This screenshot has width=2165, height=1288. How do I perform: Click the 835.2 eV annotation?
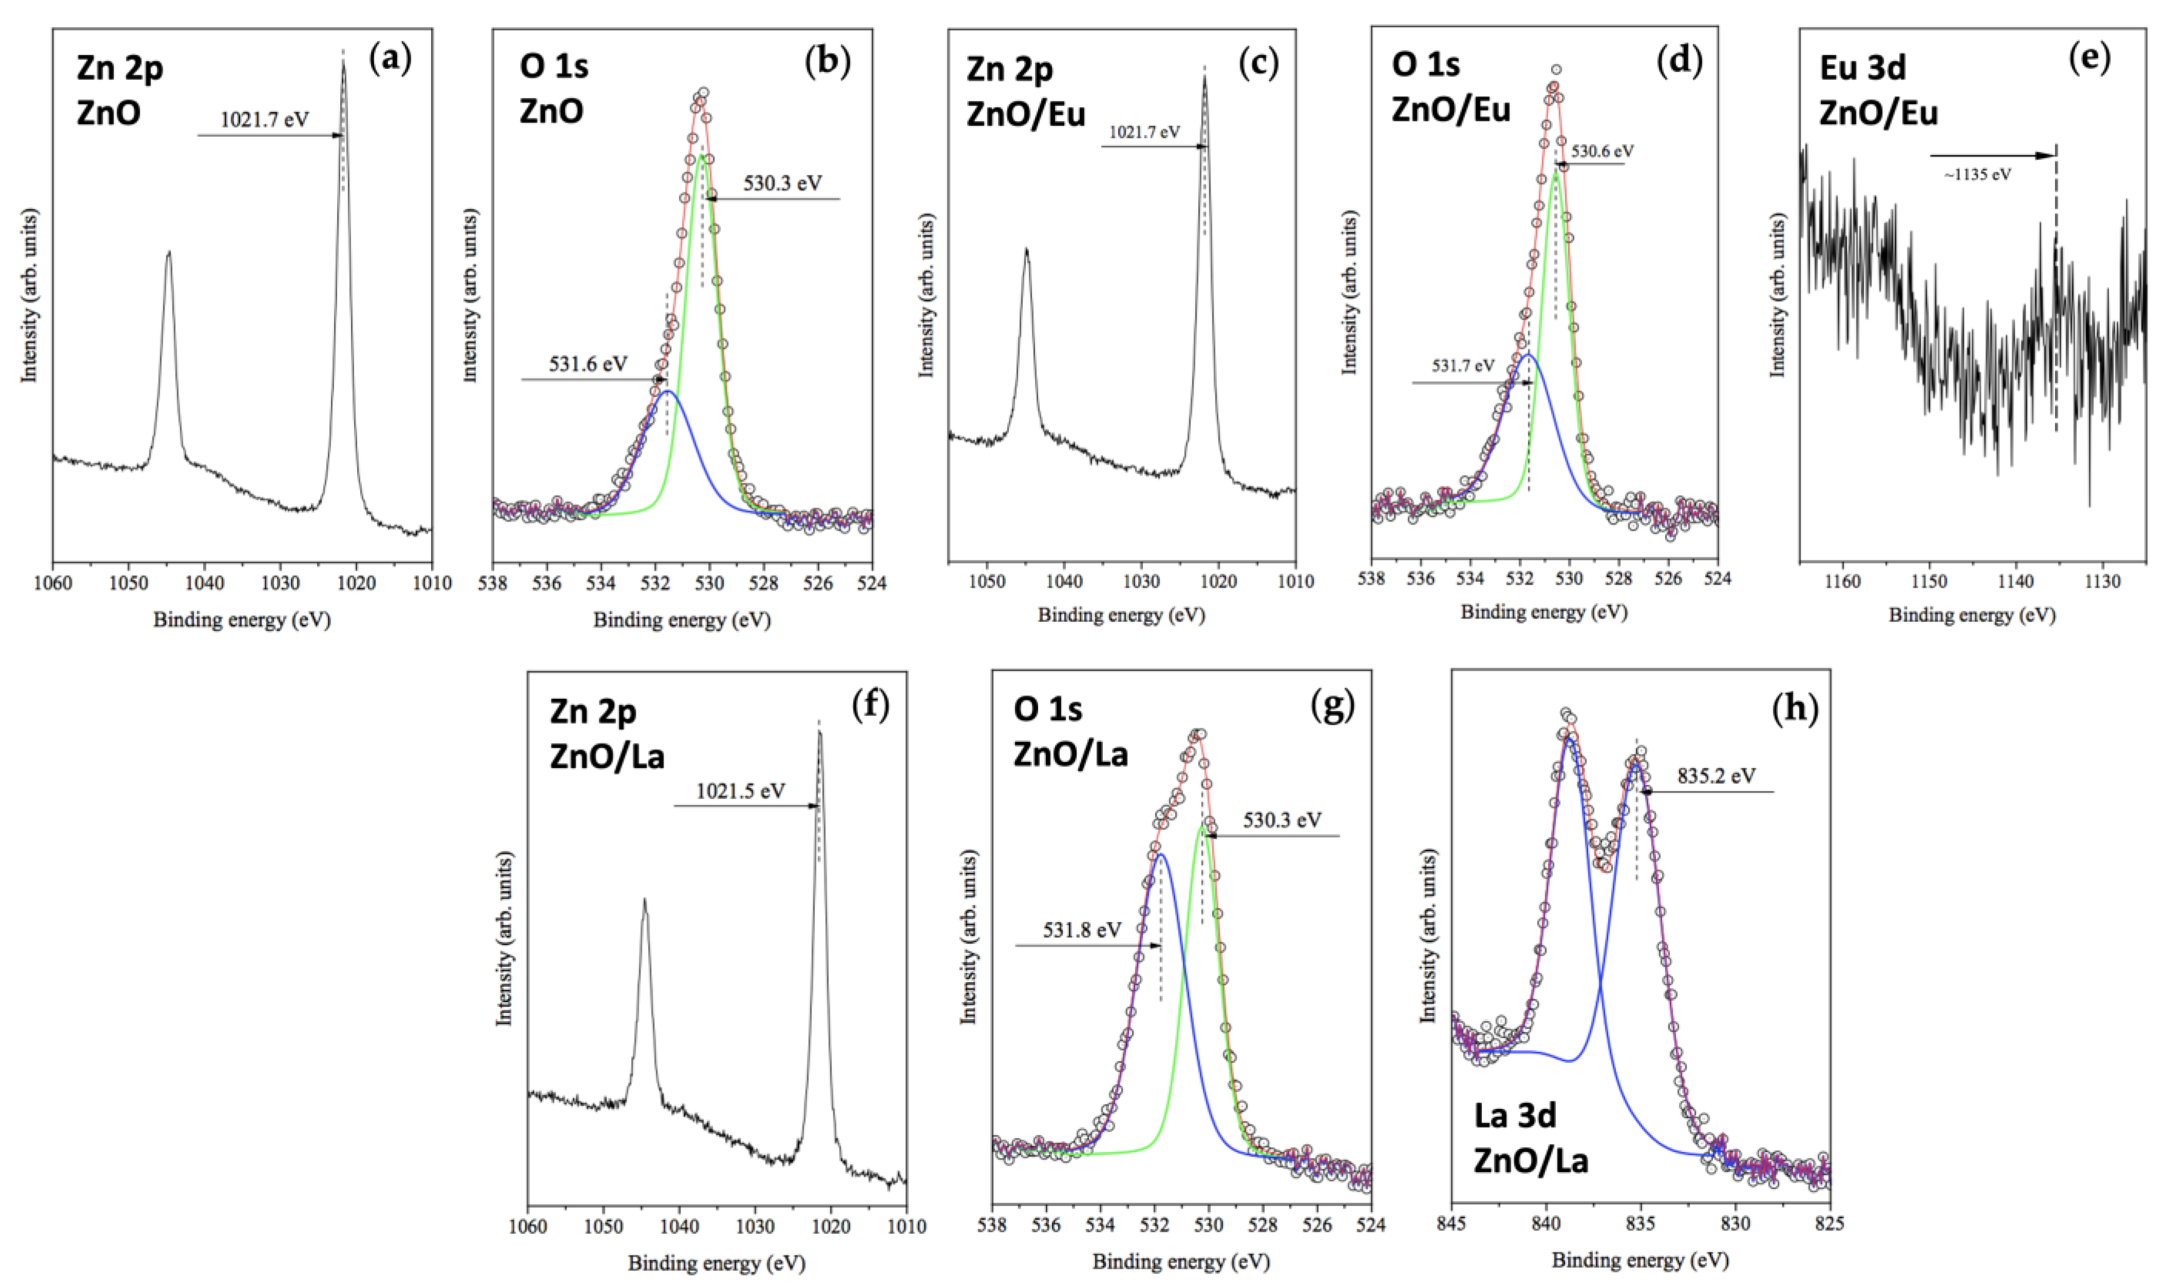1715,776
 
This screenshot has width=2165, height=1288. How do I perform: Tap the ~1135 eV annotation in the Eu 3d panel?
1977,174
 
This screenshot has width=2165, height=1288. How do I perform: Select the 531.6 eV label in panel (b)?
588,364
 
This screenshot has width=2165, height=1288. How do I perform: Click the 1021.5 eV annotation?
740,791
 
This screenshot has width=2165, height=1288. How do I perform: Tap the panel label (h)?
1793,708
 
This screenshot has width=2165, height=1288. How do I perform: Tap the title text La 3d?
1514,1115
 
